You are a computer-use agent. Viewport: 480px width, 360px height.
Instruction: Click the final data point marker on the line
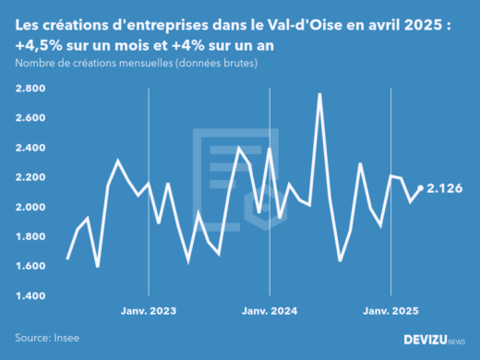tap(421, 188)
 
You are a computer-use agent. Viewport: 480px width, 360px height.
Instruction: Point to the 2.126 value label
tap(445, 188)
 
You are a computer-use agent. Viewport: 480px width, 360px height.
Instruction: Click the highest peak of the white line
tap(319, 94)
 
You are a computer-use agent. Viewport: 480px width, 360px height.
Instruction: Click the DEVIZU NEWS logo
tap(434, 340)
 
